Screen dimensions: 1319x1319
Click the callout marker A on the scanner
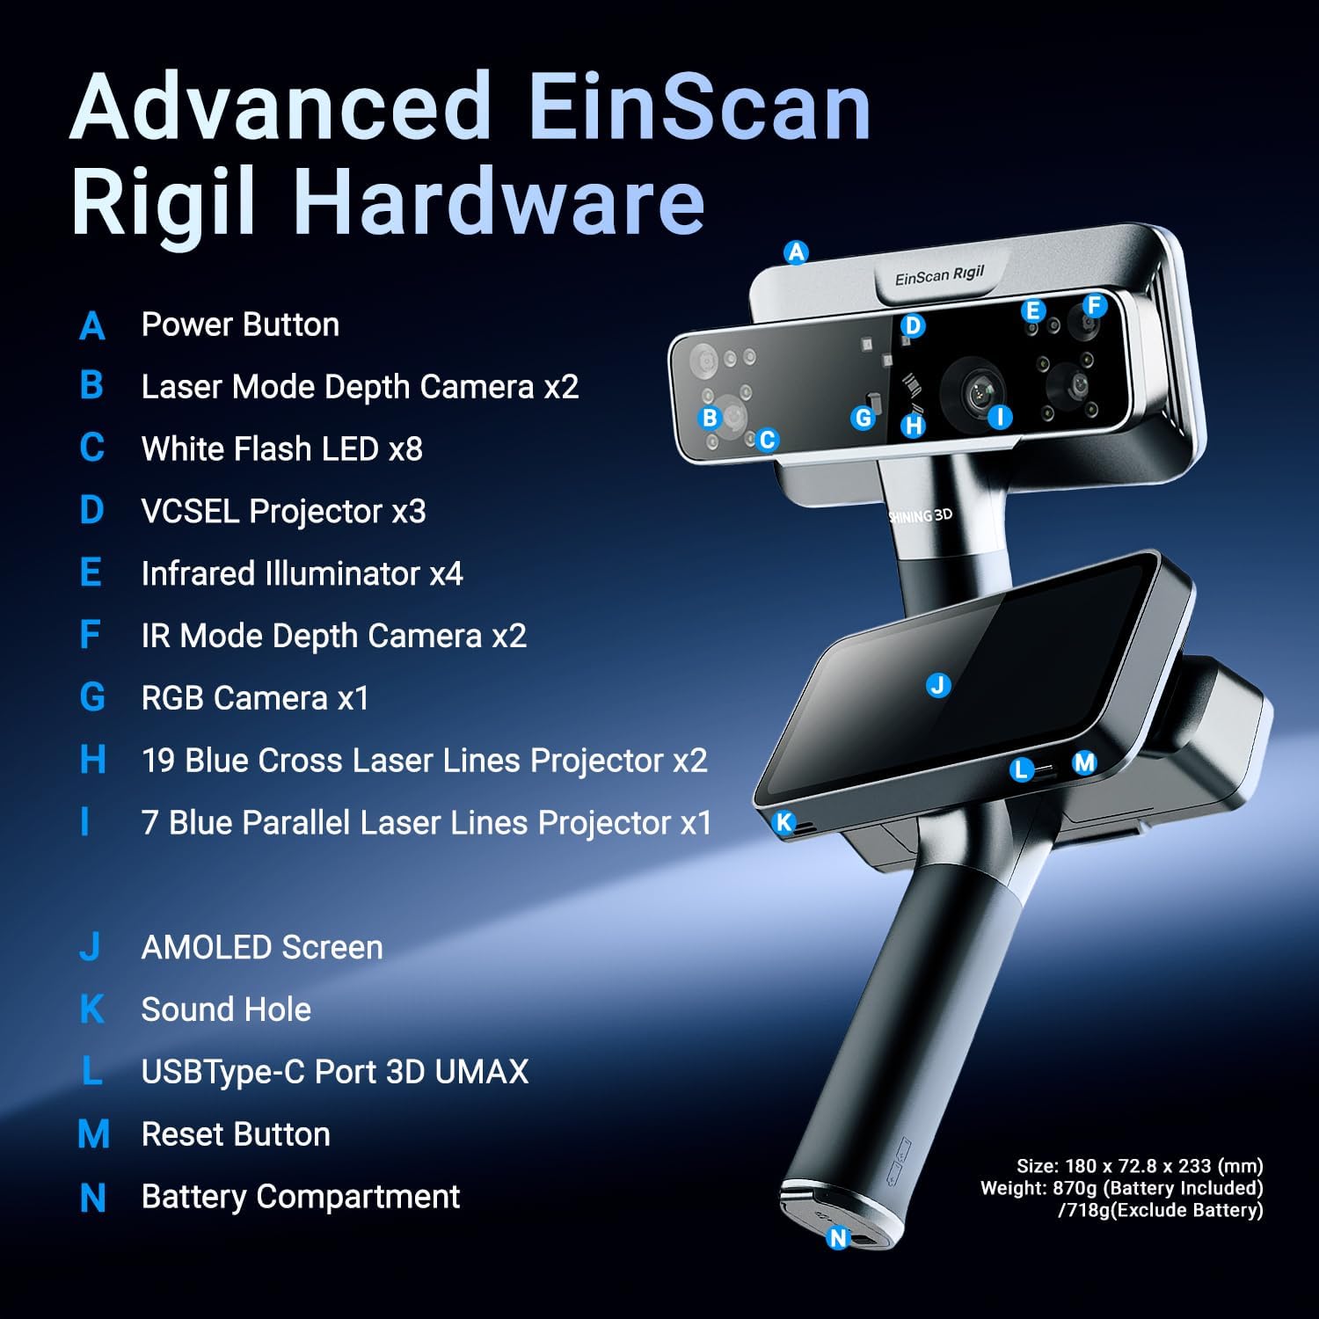(x=796, y=252)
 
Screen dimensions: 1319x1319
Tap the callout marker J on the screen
(x=938, y=685)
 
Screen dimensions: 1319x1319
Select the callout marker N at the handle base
(x=838, y=1238)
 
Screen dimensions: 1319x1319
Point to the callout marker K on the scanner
(x=783, y=823)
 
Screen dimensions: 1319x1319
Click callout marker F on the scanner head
(x=1094, y=305)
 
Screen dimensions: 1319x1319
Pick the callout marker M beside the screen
(x=1084, y=762)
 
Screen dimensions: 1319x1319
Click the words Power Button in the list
(x=240, y=324)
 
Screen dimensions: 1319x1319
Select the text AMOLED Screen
(x=262, y=947)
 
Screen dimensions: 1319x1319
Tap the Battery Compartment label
(x=301, y=1197)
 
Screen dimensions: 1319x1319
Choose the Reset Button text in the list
(x=236, y=1134)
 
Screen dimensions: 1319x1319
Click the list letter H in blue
(x=92, y=760)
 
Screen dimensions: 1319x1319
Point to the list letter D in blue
(x=91, y=510)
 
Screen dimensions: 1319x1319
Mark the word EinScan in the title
(x=699, y=107)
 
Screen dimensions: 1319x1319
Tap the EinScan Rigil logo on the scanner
(x=939, y=276)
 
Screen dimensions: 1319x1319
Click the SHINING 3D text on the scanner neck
(x=921, y=515)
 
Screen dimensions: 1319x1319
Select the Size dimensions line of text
(x=1140, y=1166)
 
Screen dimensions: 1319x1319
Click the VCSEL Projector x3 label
(x=283, y=511)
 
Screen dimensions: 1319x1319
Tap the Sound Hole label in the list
(x=226, y=1009)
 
